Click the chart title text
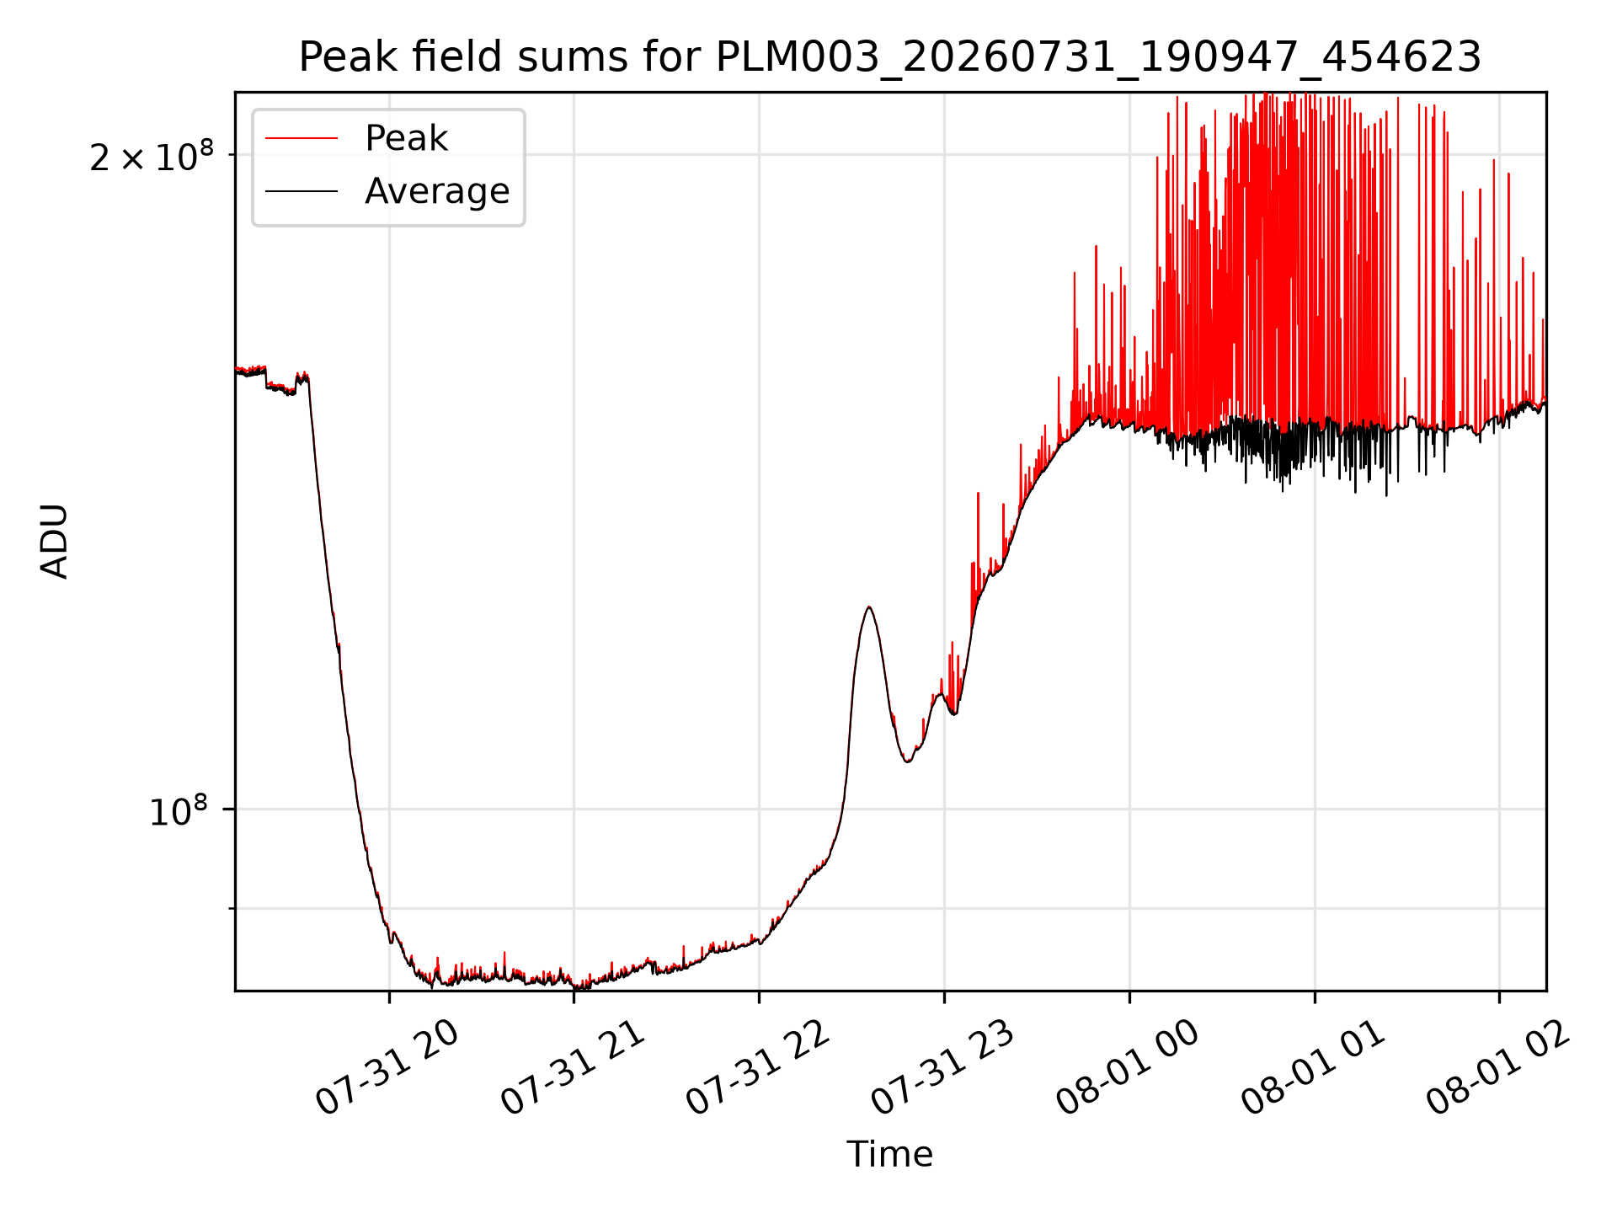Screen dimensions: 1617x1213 [890, 57]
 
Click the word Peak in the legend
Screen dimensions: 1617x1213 [406, 138]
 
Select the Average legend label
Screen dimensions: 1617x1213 [437, 191]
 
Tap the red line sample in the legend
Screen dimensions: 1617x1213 [302, 139]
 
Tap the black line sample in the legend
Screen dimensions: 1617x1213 [302, 191]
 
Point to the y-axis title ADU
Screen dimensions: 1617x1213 [55, 541]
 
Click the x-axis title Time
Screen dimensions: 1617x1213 [890, 1154]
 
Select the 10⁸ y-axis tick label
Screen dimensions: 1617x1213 [178, 811]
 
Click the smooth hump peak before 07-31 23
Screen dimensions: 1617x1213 [868, 607]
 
